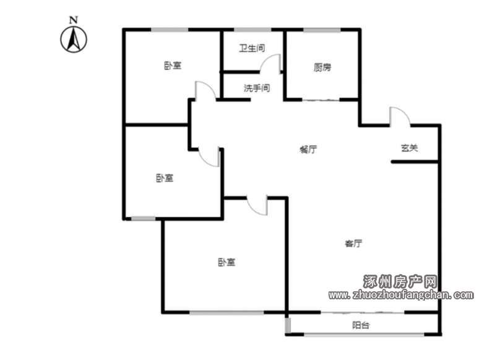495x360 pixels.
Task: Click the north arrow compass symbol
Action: (x=74, y=39)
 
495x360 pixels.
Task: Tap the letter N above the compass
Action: (x=74, y=20)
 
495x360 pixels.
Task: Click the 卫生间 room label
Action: (x=252, y=48)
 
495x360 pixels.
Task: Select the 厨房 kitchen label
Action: (x=322, y=67)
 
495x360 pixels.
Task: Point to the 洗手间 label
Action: (x=257, y=88)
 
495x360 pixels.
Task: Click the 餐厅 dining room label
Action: (x=308, y=149)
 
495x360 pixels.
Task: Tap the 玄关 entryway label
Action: (x=410, y=148)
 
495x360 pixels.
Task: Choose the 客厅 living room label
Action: (x=353, y=243)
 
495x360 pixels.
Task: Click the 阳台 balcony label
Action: (x=361, y=325)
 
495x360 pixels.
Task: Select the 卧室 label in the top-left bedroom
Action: (x=173, y=66)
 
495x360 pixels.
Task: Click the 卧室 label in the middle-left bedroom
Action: (x=165, y=178)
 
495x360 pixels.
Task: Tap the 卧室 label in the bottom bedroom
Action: (x=226, y=262)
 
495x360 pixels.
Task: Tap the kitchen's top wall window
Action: (x=322, y=30)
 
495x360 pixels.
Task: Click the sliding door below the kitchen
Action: (x=321, y=100)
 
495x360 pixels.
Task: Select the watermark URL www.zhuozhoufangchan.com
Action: (x=401, y=295)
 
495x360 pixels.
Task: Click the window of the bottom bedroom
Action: (x=226, y=312)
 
